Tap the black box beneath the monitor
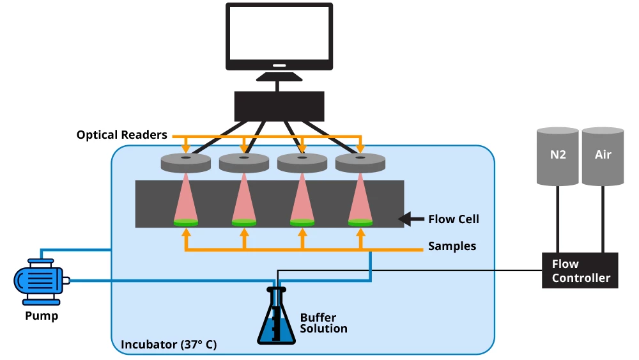[279, 106]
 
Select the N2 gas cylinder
[557, 155]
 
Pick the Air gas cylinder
[603, 155]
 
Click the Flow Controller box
[580, 270]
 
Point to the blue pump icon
[39, 280]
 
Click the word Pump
[42, 316]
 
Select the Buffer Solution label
[323, 324]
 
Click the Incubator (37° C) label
[169, 345]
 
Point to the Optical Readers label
[121, 135]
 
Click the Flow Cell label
[454, 219]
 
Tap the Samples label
[452, 246]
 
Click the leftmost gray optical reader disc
[185, 163]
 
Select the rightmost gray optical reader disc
[360, 163]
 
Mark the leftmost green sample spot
[186, 223]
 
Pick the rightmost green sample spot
[360, 223]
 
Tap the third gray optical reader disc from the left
[302, 163]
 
